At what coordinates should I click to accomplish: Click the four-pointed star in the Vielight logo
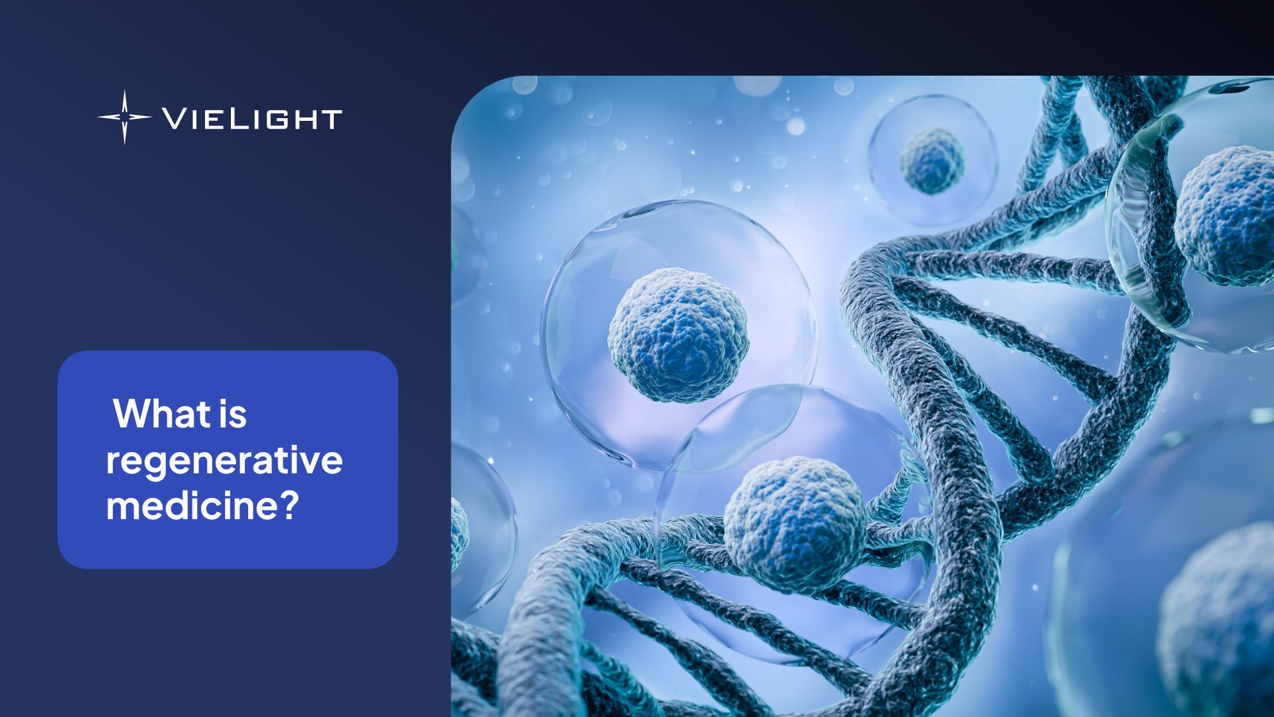124,117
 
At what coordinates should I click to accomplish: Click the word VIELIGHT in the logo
252,119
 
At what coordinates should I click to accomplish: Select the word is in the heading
232,414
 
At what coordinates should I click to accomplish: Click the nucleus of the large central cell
678,335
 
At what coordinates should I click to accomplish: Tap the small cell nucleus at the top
932,161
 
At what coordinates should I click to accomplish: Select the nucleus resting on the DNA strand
794,524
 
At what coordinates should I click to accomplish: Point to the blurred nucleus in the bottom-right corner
1218,624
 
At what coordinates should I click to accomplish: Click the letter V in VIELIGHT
175,119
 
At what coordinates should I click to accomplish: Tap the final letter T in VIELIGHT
330,119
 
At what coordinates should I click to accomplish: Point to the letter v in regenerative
305,461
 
